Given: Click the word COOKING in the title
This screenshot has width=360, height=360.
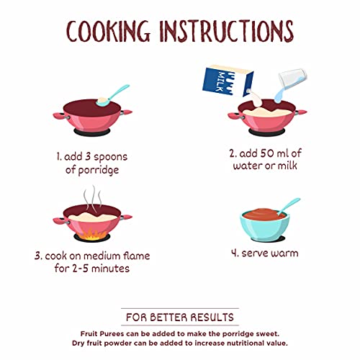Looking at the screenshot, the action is [x=108, y=31].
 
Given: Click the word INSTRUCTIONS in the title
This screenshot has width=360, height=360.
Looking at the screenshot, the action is [x=227, y=31].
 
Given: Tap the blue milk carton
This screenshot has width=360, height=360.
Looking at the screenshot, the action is [x=228, y=81].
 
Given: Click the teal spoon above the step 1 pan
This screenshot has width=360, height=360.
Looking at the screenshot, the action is [x=113, y=96].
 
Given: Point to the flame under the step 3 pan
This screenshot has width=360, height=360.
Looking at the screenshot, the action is [x=92, y=235].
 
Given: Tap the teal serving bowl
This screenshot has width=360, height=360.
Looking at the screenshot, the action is [x=265, y=225].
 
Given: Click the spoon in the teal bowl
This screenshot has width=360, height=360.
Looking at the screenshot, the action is [x=288, y=207].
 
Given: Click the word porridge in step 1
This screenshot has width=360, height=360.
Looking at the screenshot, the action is [x=99, y=170].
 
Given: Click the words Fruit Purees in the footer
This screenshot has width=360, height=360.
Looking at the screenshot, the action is [x=102, y=334].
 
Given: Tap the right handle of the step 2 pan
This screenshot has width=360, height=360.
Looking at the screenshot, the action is [x=301, y=112].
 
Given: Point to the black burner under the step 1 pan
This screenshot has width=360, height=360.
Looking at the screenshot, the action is [x=92, y=132].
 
